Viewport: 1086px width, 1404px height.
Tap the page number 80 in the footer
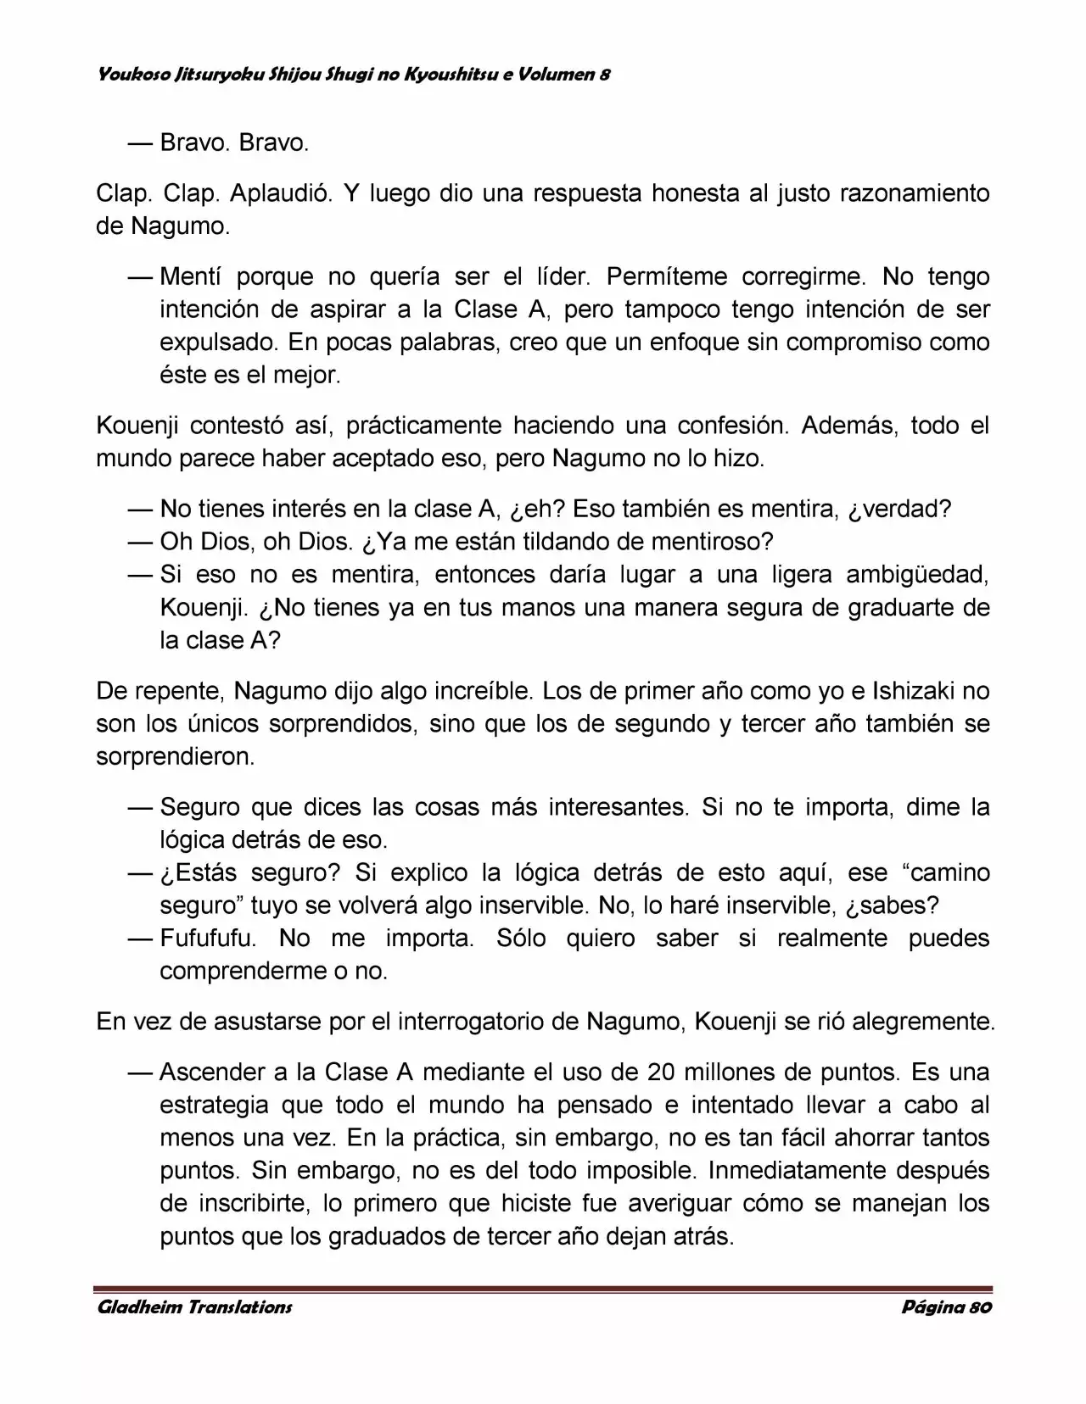(x=979, y=1306)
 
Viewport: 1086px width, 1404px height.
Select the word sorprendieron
(x=176, y=757)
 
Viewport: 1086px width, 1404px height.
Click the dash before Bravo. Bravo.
(x=139, y=142)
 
